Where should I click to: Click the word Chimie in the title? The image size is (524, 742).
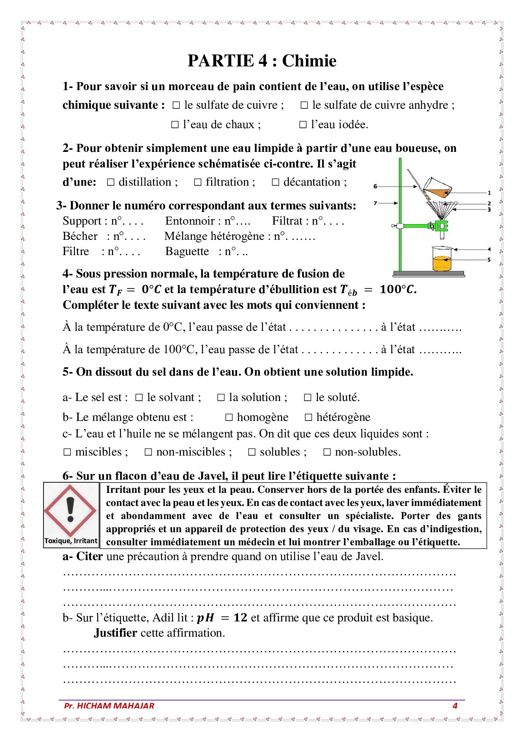click(x=309, y=61)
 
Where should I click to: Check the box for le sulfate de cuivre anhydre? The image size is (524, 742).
click(x=304, y=105)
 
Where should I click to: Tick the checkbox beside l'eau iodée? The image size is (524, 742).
click(x=303, y=125)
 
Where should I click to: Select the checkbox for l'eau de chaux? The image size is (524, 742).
click(x=175, y=125)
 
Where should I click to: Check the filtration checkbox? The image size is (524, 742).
click(x=197, y=182)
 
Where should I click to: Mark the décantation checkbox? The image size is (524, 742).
click(x=275, y=182)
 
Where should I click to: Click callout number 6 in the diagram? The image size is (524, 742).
click(x=375, y=186)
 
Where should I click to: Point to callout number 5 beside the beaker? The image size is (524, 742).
click(x=489, y=260)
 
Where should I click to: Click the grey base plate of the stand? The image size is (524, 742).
click(x=428, y=274)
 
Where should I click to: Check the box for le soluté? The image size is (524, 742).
click(x=308, y=398)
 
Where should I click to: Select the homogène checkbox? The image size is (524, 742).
click(x=229, y=418)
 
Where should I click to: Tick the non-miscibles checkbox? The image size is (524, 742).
click(x=148, y=452)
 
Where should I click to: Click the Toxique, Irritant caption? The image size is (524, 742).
click(x=71, y=541)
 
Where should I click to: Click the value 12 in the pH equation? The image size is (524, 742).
click(x=240, y=618)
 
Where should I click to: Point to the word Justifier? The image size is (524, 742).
click(x=115, y=633)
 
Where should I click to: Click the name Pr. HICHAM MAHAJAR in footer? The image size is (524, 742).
click(x=109, y=706)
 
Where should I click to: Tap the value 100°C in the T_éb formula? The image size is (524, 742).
click(x=397, y=290)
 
